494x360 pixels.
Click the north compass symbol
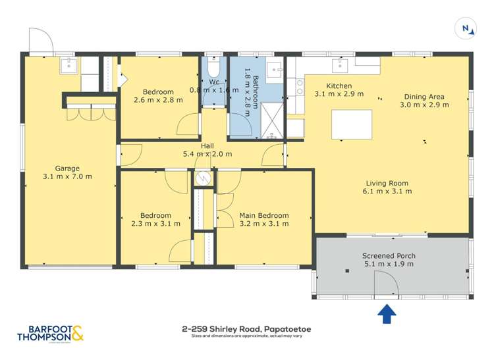coord(466,28)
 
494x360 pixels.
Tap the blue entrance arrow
coord(387,314)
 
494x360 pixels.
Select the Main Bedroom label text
coord(264,215)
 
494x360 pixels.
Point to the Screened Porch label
coord(389,255)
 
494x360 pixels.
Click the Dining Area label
coord(426,96)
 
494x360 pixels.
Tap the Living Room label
coord(387,183)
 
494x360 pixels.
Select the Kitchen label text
coord(339,86)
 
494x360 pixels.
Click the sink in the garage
coord(69,65)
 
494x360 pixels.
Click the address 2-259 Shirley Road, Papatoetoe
coord(246,328)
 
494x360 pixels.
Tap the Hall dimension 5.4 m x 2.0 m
coord(207,155)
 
